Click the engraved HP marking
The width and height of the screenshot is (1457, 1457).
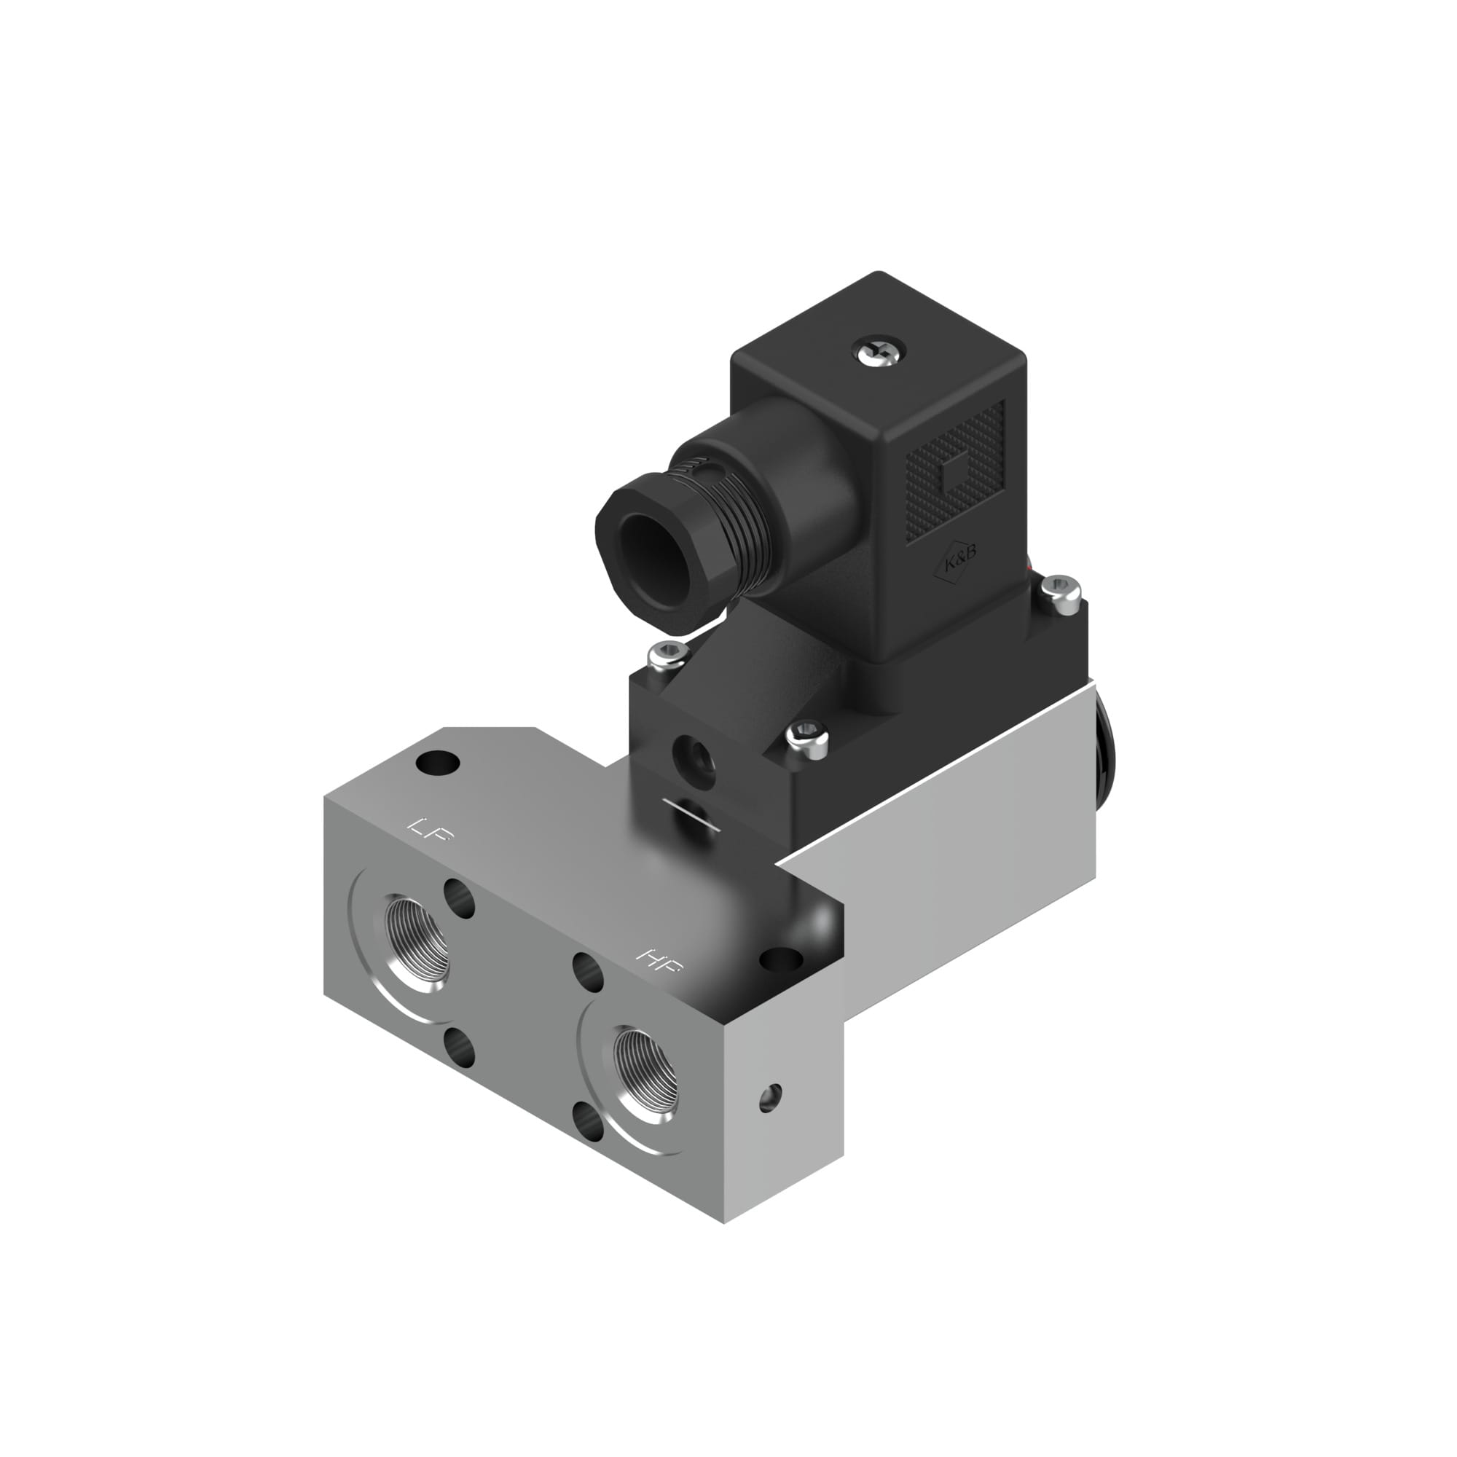[659, 960]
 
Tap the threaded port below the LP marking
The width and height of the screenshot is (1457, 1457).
[416, 943]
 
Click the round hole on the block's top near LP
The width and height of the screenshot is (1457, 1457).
[437, 764]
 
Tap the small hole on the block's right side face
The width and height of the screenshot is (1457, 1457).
[770, 1097]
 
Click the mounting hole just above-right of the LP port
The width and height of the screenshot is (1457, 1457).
[458, 897]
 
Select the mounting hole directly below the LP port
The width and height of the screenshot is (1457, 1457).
[458, 1048]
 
